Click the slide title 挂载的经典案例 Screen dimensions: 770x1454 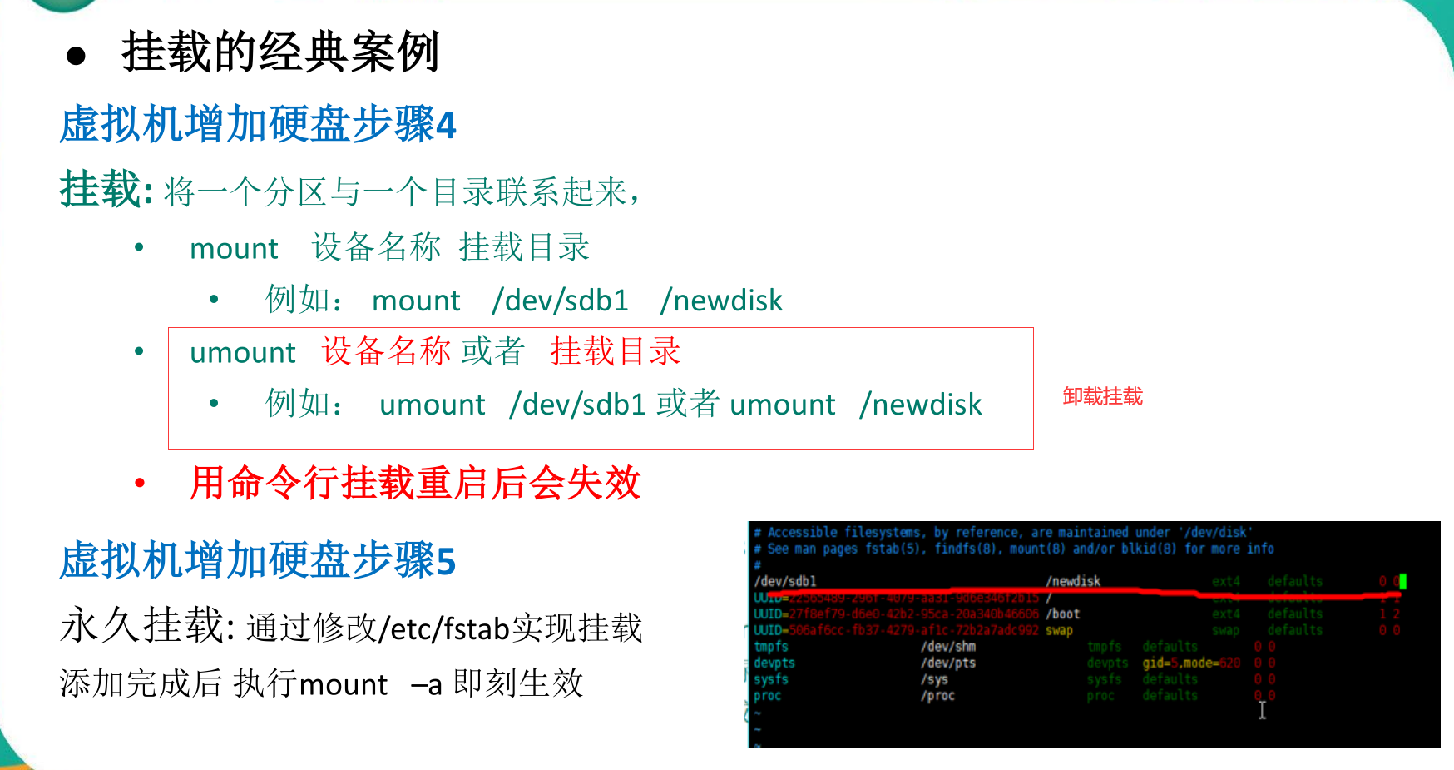279,52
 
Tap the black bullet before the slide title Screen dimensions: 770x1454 77,56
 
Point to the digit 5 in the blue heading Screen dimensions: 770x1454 446,562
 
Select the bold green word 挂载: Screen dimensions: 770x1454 106,190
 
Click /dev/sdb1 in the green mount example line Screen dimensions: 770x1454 560,301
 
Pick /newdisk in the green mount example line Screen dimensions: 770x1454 721,301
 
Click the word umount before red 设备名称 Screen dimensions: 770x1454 242,353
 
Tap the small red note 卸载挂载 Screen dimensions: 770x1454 1102,396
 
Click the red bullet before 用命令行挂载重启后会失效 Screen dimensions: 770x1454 140,483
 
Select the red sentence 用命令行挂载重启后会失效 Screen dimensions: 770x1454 415,483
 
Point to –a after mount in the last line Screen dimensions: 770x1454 426,684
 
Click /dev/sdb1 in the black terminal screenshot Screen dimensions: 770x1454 784,581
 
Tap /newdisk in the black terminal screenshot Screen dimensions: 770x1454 1073,581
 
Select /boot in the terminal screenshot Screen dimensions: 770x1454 1063,614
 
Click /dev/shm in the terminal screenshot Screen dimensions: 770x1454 947,647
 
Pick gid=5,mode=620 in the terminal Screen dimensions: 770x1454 1190,663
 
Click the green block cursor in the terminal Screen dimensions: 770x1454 1402,581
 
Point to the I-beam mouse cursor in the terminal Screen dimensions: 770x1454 1262,710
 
